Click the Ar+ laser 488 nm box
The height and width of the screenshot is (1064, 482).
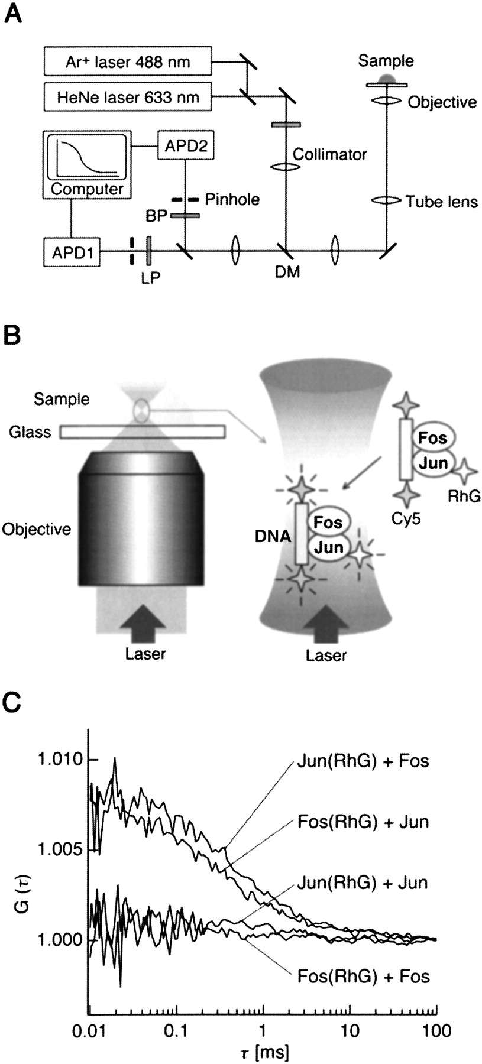pos(128,61)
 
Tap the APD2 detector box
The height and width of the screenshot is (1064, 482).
pos(185,146)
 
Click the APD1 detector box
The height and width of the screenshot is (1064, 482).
pos(72,253)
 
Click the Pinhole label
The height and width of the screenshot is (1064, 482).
pos(232,199)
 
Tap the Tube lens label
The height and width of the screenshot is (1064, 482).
pos(442,202)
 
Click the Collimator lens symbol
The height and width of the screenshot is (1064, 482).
pos(286,167)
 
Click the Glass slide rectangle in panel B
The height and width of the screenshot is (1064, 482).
pos(142,432)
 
